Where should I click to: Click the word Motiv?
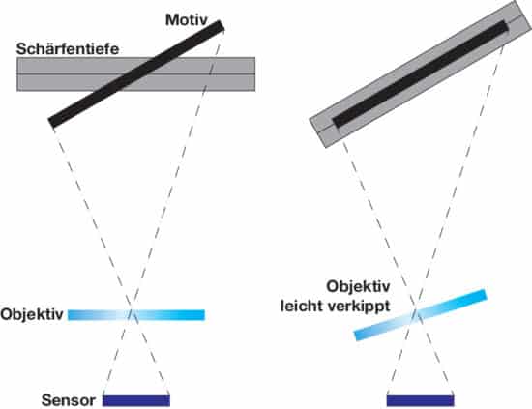point(187,19)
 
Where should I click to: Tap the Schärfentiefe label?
point(68,49)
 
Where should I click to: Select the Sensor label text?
point(69,400)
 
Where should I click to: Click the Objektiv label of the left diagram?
point(32,314)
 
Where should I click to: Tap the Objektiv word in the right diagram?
point(358,287)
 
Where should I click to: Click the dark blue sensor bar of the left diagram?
point(136,400)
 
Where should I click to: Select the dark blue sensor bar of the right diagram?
point(421,400)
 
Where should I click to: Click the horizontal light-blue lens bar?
point(136,314)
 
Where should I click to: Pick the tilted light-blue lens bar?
point(421,314)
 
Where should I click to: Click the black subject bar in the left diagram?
point(136,73)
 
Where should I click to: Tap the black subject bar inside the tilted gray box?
point(421,73)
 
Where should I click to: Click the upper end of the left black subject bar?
point(221,26)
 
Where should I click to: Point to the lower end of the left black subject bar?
point(51,123)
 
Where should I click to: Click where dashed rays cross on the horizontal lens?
point(133,313)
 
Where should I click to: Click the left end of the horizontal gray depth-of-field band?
point(17,73)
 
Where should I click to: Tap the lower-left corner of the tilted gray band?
point(326,148)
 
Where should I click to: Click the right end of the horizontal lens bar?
point(205,314)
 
